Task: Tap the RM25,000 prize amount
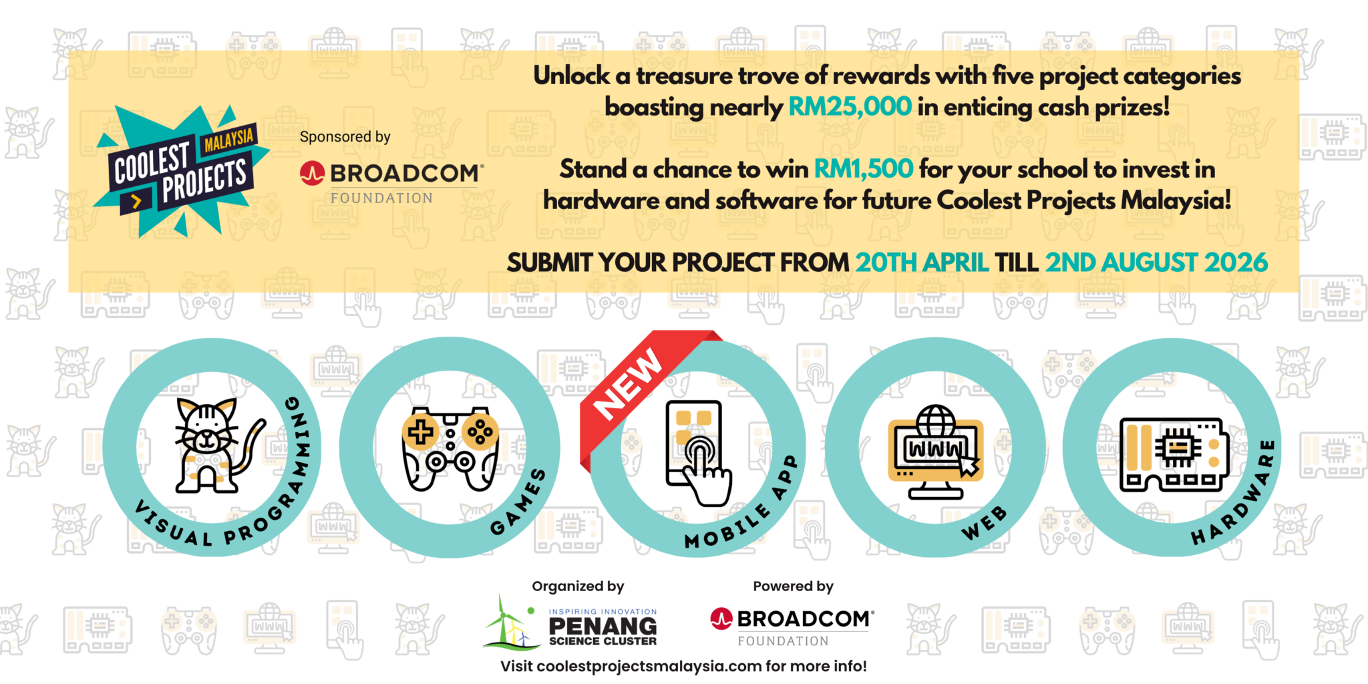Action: pyautogui.click(x=850, y=107)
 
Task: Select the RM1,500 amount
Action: pyautogui.click(x=863, y=169)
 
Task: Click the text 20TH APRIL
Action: pyautogui.click(x=922, y=263)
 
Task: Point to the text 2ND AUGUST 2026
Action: pyautogui.click(x=1156, y=263)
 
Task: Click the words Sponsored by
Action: pyautogui.click(x=345, y=137)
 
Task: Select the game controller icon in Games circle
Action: pyautogui.click(x=450, y=448)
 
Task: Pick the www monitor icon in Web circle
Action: pyautogui.click(x=936, y=452)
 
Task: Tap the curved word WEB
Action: pyautogui.click(x=984, y=522)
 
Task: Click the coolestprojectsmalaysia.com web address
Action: pyautogui.click(x=649, y=667)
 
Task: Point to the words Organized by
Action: pyautogui.click(x=578, y=586)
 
